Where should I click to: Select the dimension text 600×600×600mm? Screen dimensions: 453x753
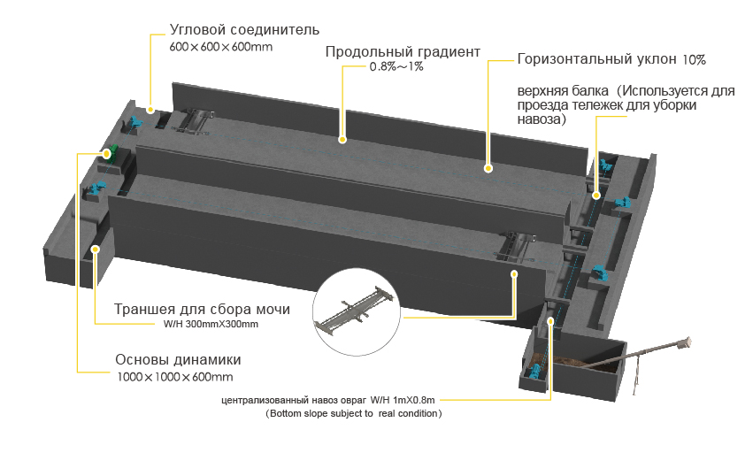220,46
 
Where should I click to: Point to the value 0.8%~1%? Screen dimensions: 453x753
396,67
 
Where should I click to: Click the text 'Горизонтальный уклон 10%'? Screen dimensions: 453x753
611,60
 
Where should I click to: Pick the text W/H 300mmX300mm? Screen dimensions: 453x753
211,325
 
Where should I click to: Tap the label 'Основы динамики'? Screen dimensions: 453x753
178,361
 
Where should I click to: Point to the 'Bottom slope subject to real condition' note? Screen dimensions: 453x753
354,413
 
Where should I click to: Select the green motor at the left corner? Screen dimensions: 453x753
109,152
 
